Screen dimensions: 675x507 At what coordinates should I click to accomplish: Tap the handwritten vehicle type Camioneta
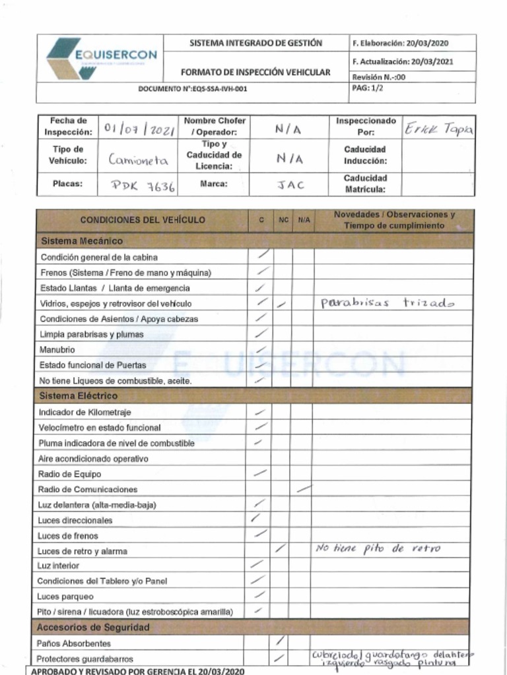point(138,160)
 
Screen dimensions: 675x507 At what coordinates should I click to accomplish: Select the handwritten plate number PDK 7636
point(143,186)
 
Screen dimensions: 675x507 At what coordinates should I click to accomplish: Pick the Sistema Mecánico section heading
point(81,241)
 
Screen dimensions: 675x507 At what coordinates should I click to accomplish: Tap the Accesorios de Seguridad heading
point(92,628)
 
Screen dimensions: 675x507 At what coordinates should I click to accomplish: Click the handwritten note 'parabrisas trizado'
point(388,303)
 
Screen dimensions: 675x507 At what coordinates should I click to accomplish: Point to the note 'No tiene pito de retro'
point(378,548)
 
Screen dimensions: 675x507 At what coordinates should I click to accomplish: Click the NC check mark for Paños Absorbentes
point(280,641)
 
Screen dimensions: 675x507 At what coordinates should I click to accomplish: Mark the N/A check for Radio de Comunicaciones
point(304,489)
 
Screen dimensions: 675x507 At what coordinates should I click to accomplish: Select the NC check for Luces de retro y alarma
point(281,548)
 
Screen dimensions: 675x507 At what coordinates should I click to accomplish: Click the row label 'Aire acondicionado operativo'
point(92,459)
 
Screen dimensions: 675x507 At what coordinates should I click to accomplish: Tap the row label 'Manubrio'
point(57,349)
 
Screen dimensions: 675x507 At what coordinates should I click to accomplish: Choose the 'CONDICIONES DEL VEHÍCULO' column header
point(142,220)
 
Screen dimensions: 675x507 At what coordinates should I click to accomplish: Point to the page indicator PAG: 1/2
point(368,88)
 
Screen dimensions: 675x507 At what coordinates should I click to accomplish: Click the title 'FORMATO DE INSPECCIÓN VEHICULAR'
point(255,72)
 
